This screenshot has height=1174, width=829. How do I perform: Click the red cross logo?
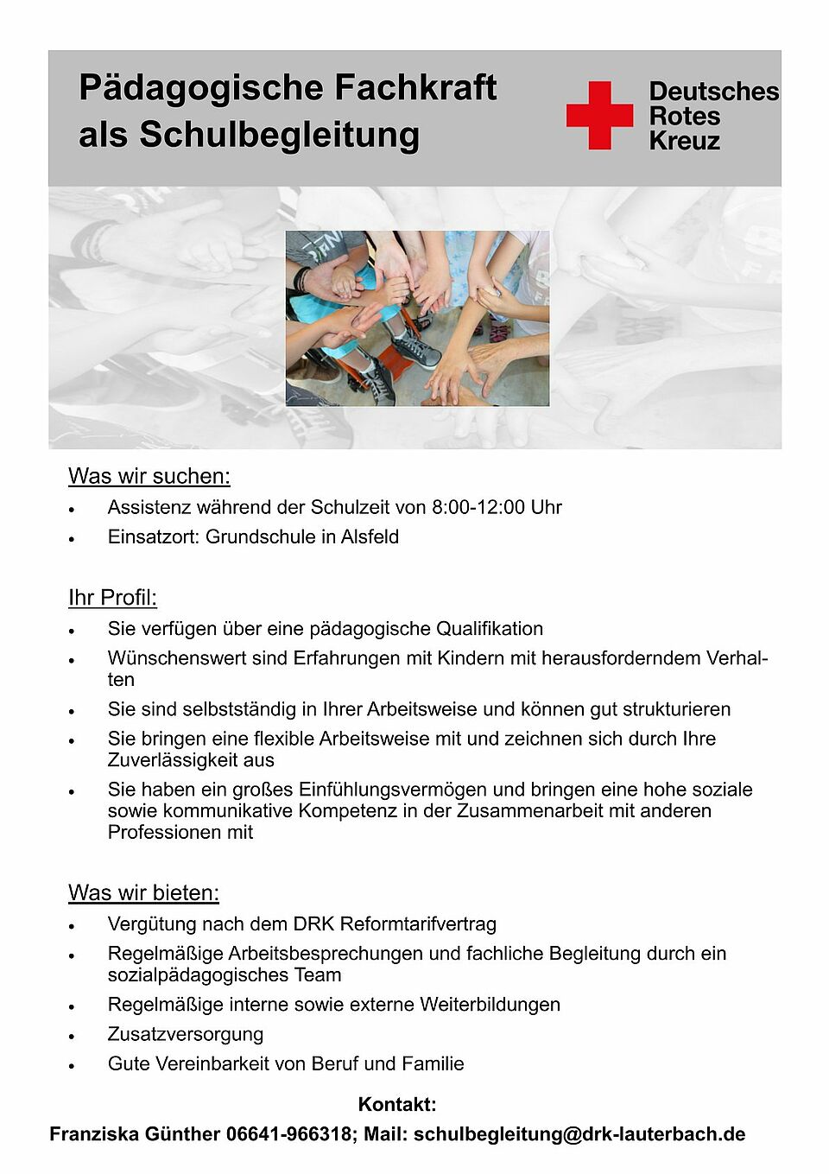pos(599,116)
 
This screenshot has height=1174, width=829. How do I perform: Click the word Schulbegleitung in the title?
pos(279,135)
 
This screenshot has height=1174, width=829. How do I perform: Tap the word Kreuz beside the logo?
pos(684,142)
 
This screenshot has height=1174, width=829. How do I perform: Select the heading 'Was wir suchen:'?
pos(149,476)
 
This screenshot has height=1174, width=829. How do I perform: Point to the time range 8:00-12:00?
pos(478,507)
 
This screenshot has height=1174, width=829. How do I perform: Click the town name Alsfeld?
pos(370,536)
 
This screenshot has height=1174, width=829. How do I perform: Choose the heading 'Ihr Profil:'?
pos(112,598)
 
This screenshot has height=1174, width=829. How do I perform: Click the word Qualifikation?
pos(490,629)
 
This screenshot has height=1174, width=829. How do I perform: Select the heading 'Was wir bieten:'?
pos(143,892)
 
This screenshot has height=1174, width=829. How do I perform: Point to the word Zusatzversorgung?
pos(186,1034)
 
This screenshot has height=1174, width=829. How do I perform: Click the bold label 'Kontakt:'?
pos(397,1104)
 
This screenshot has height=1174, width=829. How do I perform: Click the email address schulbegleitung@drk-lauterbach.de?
pos(579,1134)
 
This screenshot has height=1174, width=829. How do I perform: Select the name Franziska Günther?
pos(135,1134)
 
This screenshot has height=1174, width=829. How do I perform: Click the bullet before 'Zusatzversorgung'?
pos(73,1036)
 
